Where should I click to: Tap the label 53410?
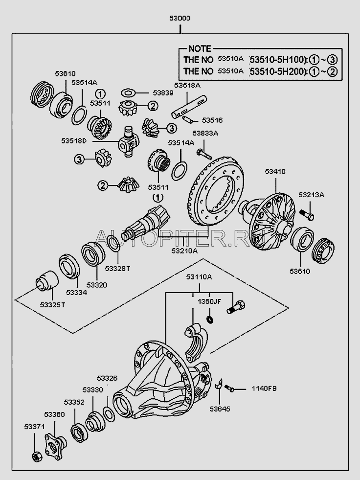click(x=275, y=172)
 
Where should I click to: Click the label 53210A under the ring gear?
click(x=184, y=251)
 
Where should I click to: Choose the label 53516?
click(x=212, y=120)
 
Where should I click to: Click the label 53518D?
click(x=74, y=141)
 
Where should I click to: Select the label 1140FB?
click(x=264, y=389)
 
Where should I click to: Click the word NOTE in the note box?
click(x=200, y=49)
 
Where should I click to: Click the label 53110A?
click(x=199, y=277)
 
